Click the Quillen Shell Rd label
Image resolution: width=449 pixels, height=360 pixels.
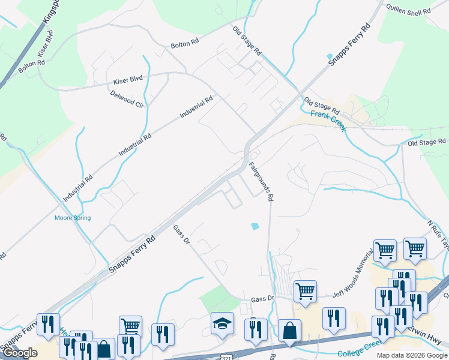pos(409,11)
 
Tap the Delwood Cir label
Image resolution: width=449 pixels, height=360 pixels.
pos(127,99)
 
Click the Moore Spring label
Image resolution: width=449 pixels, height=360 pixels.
pos(73,218)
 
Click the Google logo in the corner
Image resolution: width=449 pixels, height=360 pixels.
pos(20,353)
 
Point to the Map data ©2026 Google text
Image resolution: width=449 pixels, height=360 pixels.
pos(412,355)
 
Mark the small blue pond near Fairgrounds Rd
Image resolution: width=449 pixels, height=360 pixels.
pos(255,226)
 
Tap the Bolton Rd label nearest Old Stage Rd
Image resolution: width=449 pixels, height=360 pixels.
pos(184,43)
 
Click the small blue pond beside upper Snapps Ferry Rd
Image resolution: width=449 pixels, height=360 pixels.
pos(329,57)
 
